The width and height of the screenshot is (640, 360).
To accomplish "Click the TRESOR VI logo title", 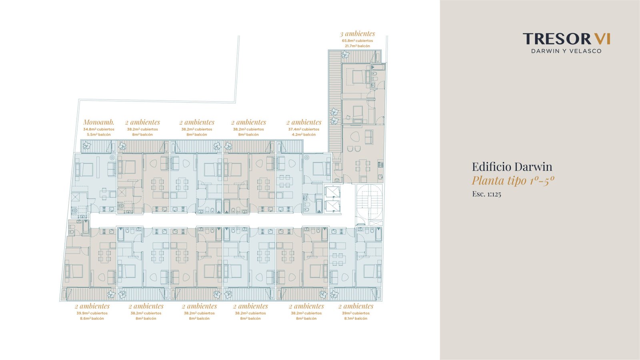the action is [566, 39].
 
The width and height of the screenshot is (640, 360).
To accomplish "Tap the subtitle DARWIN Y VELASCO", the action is [566, 51].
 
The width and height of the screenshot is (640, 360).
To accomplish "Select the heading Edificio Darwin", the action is [512, 166].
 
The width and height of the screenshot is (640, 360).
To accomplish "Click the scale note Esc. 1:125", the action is [486, 194].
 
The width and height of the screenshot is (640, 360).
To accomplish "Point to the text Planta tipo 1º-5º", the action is [513, 180].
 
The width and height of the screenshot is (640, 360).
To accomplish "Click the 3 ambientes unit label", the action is [357, 34].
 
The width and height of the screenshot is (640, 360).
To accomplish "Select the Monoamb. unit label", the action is [98, 122].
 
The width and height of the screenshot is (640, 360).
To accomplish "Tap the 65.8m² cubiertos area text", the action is [358, 41].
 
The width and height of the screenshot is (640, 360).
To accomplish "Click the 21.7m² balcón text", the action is [358, 46].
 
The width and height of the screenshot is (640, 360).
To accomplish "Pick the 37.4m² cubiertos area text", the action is [304, 130].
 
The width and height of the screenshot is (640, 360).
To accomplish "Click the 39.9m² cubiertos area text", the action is [92, 314].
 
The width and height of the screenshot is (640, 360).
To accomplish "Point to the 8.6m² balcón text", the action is [92, 318].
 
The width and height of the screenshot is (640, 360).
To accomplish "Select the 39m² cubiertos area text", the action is [356, 314].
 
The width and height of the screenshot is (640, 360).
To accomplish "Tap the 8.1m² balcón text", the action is [356, 318].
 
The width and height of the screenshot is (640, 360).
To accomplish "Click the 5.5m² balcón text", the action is [99, 134].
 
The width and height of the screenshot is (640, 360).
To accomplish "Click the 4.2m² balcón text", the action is [304, 134].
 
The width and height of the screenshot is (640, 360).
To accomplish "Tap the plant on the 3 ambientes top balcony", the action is [346, 54].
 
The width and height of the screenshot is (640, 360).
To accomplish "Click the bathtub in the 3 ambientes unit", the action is [378, 68].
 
